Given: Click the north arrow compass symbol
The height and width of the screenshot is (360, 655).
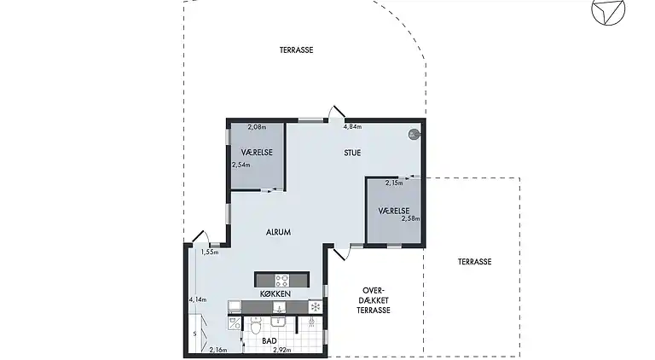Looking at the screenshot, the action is coord(608,11).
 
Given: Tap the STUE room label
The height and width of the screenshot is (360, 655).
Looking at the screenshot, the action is coord(352,153).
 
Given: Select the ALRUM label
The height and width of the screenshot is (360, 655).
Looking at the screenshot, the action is coord(278,232).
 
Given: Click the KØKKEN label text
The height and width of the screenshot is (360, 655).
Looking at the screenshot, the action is coord(275,294).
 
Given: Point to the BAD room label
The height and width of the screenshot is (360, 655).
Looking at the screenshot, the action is coord(270,341).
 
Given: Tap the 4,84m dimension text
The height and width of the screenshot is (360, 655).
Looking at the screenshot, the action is coord(352,126).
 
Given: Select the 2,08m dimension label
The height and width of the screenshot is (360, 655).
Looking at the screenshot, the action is coord(257,127).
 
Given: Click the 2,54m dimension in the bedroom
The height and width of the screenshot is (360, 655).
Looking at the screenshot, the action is coord(241,165).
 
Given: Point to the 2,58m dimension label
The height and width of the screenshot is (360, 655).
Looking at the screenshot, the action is coord(410,218).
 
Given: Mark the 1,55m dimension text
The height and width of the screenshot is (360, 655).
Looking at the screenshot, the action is coord(210,252).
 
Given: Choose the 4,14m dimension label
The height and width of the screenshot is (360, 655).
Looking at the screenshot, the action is coord(198,299).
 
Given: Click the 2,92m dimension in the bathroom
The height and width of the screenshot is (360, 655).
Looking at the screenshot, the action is coord(282,350).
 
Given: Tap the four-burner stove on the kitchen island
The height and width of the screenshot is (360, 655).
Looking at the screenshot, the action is coord(281,280).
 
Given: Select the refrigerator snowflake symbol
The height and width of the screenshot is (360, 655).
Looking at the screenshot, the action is coord(316,307).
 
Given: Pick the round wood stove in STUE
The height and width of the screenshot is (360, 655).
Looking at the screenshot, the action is coord(414,135).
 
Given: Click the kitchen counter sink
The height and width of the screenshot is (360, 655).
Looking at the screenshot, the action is coord(279,307).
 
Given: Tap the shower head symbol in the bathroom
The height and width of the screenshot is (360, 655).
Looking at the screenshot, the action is coord(311,322).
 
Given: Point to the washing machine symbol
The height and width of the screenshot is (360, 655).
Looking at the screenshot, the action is coord(235,322).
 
